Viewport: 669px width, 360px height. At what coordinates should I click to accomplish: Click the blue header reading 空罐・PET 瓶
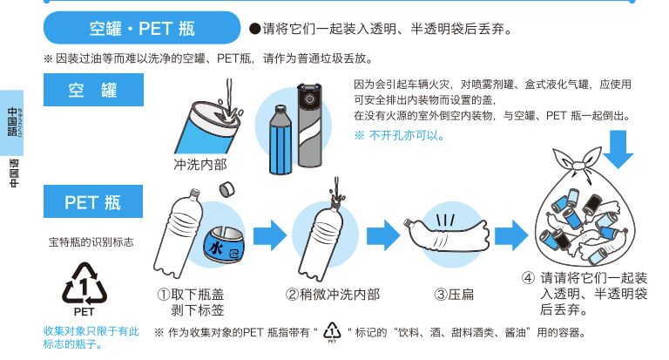point(142,28)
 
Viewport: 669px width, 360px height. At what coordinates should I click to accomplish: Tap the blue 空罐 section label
point(93,90)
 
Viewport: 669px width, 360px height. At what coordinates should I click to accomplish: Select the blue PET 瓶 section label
point(93,202)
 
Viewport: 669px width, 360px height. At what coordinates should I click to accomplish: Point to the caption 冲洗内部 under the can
point(199,165)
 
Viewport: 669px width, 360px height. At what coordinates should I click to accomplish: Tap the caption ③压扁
point(454,295)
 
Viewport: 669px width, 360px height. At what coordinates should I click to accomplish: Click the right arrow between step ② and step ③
point(382,234)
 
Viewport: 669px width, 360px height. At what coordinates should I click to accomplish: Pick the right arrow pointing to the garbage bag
point(510,234)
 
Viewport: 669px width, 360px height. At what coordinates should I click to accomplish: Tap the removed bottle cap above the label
point(227,189)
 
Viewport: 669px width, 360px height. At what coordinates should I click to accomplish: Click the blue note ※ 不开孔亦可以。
point(399,135)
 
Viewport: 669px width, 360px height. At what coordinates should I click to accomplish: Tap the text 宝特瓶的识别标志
point(91,241)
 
